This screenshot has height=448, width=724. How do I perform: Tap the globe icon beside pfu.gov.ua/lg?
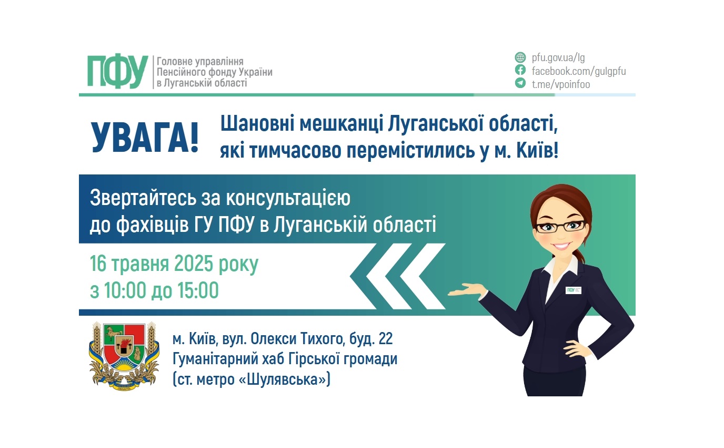520,57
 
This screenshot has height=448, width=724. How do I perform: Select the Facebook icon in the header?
520,70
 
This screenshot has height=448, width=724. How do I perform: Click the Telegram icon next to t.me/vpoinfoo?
520,83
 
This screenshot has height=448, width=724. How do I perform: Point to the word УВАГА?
145,138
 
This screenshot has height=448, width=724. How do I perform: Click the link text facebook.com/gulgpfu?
579,71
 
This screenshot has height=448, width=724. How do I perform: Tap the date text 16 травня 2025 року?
174,264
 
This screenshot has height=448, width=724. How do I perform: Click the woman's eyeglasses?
560,226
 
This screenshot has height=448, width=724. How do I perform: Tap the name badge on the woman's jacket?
573,290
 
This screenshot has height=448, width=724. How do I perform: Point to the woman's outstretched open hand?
466,289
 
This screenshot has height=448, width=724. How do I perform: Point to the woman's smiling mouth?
561,246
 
